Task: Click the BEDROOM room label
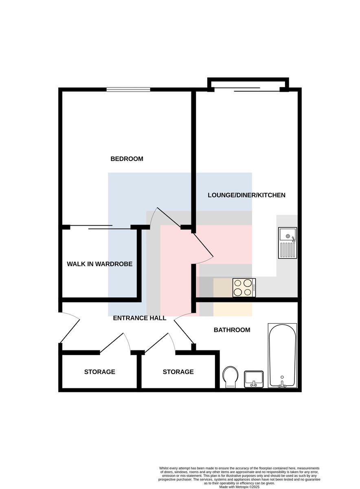127,159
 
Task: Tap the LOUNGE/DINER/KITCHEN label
246,195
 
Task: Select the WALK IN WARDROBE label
99,264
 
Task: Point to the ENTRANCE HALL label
140,318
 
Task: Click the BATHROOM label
232,330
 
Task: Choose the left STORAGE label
100,372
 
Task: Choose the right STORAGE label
178,372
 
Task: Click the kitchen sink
288,243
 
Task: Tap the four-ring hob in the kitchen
244,288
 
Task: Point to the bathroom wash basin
254,379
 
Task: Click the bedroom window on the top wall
128,90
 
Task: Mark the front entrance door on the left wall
70,328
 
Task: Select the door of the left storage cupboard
115,343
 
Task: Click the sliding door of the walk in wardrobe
100,227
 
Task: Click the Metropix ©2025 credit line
239,487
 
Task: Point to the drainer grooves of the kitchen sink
288,250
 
